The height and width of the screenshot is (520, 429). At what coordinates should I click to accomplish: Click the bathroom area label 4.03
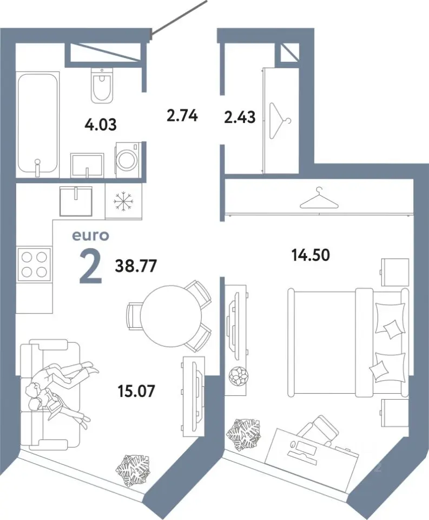(101, 125)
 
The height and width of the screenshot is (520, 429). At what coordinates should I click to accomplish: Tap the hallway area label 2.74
(182, 116)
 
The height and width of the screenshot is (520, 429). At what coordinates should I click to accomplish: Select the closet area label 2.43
(240, 118)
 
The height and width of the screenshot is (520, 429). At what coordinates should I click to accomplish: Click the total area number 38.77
(136, 266)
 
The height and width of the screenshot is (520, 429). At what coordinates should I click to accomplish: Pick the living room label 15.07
(136, 391)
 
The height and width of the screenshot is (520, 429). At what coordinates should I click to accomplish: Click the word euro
(90, 236)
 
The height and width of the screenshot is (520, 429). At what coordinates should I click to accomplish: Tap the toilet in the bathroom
(102, 85)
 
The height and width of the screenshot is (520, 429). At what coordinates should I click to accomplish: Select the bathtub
(38, 123)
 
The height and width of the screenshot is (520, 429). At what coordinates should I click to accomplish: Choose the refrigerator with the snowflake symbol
(123, 201)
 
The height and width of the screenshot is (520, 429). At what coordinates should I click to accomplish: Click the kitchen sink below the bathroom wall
(76, 200)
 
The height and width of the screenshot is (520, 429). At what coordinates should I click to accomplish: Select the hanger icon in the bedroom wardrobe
(319, 198)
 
